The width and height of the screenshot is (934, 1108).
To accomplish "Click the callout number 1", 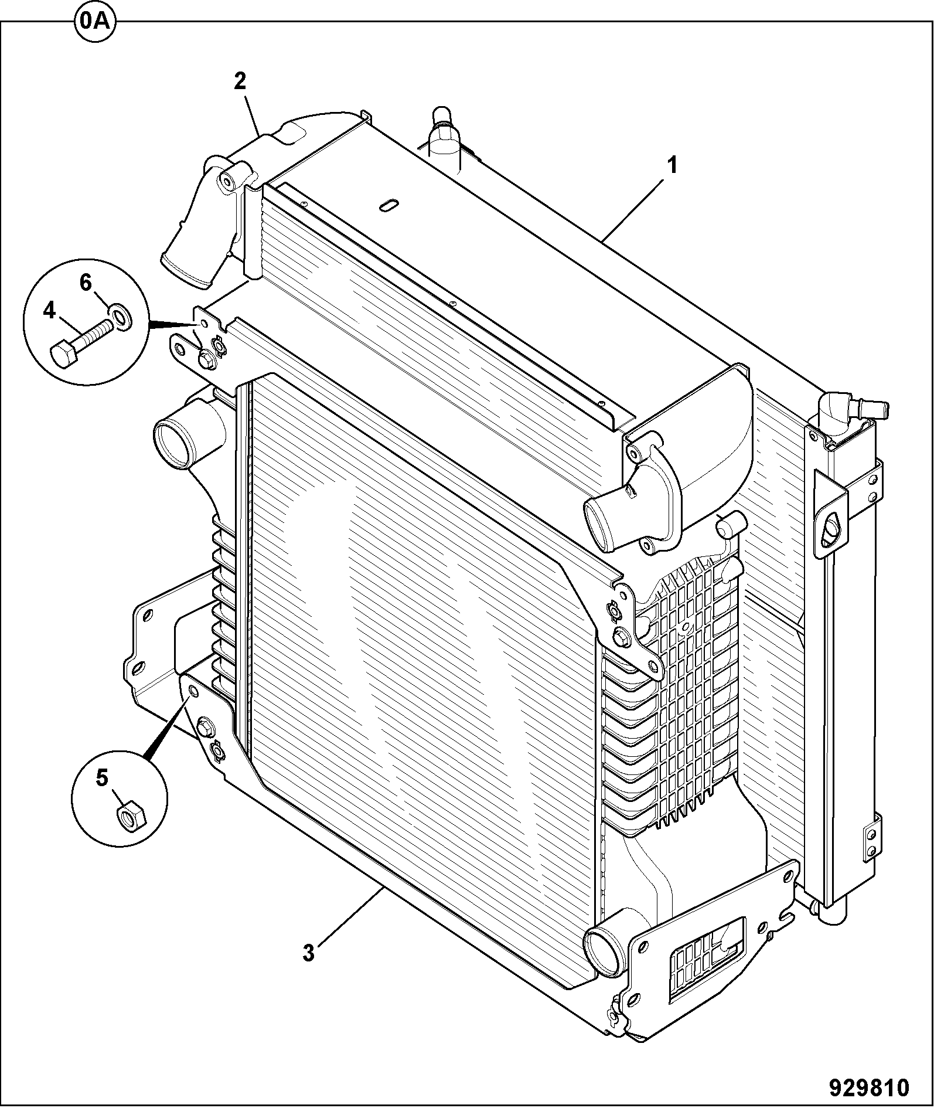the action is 672,166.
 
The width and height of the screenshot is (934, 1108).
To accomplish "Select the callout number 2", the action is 240,81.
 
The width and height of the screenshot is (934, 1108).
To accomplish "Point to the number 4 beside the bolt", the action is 49,311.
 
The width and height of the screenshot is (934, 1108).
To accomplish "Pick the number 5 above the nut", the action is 102,778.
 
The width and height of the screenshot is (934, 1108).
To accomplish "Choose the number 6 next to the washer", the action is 86,283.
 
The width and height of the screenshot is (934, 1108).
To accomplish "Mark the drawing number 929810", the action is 869,1088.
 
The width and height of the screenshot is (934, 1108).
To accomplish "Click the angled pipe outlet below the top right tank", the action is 609,519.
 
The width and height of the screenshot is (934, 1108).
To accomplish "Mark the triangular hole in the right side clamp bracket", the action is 831,528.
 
